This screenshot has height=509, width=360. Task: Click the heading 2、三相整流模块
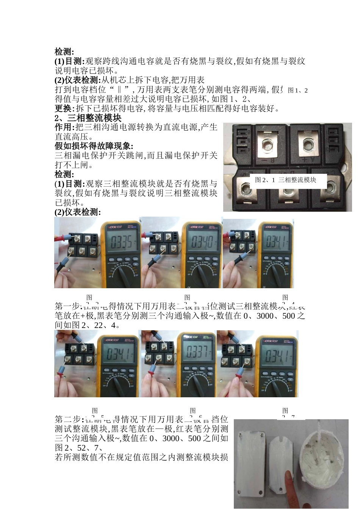[x=88, y=118]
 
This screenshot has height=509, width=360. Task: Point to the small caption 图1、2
[x=298, y=90]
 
